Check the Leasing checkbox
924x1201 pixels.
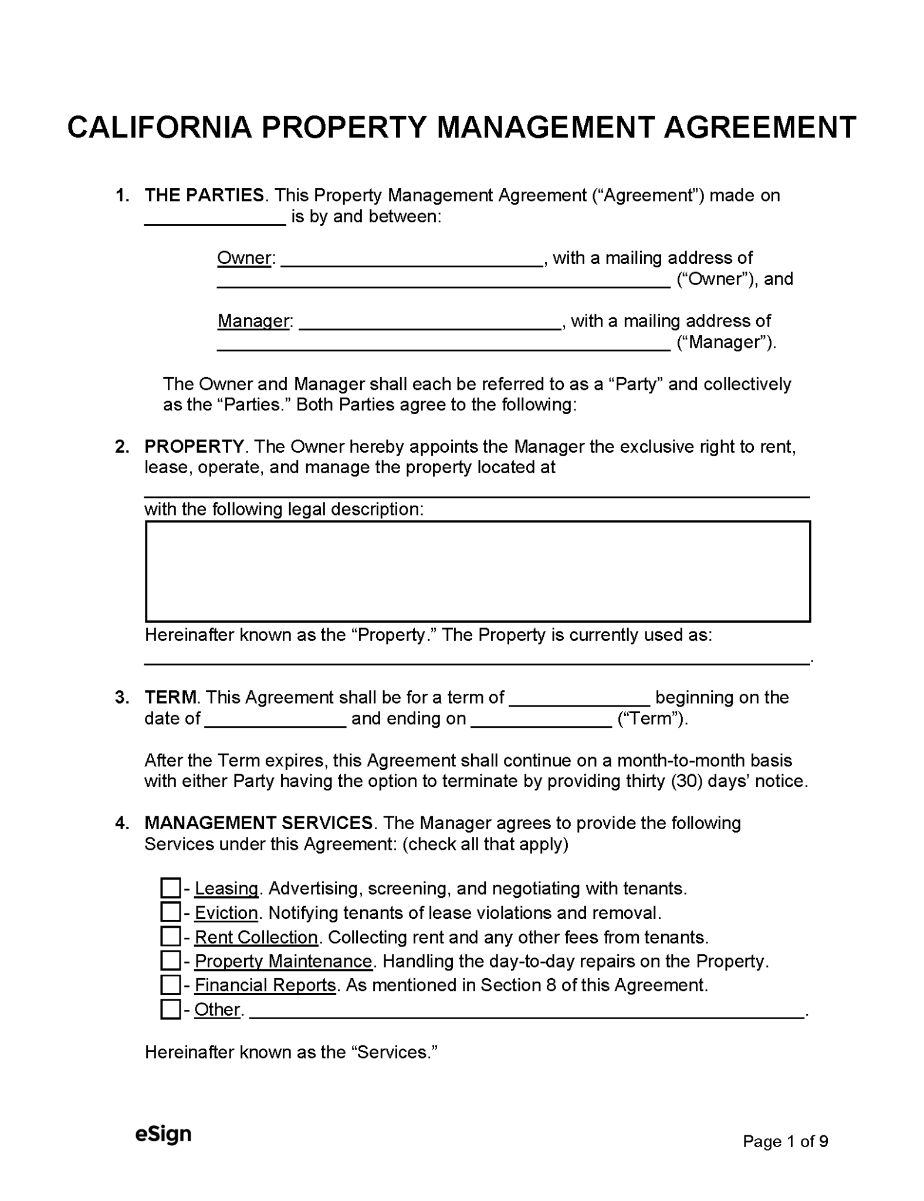pos(170,888)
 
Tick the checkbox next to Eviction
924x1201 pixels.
pos(170,912)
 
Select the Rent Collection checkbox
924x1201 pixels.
pos(170,937)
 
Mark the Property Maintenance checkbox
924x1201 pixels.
pos(170,961)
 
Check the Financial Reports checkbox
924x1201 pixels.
pos(170,985)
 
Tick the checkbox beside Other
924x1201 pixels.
pos(170,1009)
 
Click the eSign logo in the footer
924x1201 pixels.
pos(163,1134)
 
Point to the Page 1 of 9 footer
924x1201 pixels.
pos(785,1141)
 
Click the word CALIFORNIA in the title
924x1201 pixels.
pos(159,127)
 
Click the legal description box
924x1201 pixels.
pos(478,571)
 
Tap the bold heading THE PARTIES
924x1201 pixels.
pos(204,195)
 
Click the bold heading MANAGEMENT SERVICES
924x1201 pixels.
pos(259,823)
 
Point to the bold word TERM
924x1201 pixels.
pos(170,697)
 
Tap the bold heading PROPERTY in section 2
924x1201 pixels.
pos(194,446)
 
